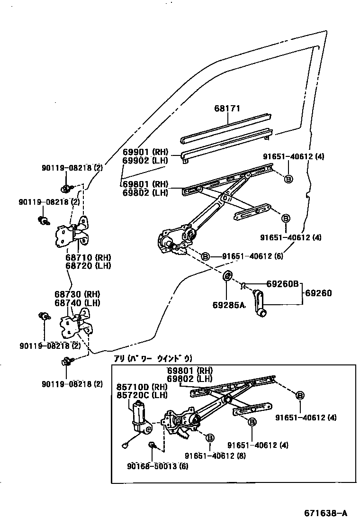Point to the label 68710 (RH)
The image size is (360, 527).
point(88,257)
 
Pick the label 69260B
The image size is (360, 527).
point(282,284)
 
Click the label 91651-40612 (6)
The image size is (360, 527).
point(254,256)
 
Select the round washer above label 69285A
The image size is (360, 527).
point(227,275)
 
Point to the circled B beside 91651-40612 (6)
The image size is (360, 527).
point(205,256)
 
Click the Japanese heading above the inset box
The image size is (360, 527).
point(153,359)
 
